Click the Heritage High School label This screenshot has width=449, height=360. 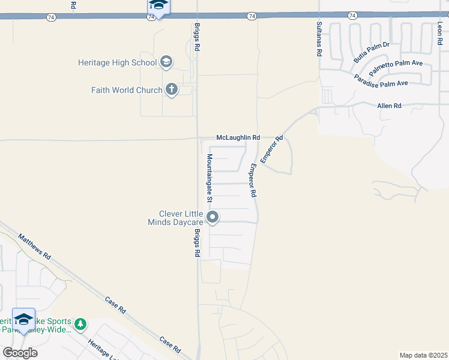(x=117, y=62)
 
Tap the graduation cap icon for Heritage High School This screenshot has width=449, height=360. (x=166, y=62)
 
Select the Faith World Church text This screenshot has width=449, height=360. (x=127, y=90)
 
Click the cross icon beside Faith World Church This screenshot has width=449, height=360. (x=172, y=90)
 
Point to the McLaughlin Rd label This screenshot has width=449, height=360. (x=238, y=137)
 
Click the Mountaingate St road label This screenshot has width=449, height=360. (x=210, y=177)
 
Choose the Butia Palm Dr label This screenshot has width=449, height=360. (x=372, y=52)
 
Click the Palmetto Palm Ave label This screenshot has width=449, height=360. (x=387, y=66)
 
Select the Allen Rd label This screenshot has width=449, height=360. (x=389, y=106)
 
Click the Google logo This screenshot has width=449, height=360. (x=20, y=353)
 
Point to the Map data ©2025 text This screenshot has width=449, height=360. (x=423, y=355)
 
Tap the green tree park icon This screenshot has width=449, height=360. (x=81, y=325)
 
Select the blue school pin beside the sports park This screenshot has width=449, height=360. (x=24, y=319)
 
